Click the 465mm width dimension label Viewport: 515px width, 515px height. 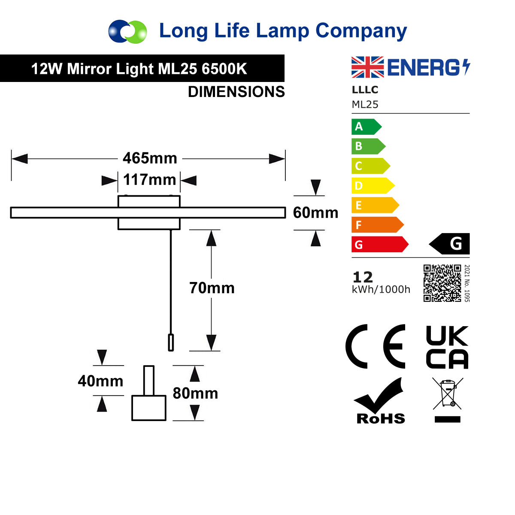coord(150,158)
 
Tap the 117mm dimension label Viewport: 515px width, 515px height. coord(150,179)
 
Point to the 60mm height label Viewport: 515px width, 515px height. coord(315,213)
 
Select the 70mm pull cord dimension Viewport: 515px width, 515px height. coord(212,288)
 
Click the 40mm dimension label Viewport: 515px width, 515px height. coord(100,381)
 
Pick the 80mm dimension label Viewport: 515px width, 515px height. coord(195,394)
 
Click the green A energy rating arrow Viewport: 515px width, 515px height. coord(367,127)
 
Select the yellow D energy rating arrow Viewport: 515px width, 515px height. coord(373,185)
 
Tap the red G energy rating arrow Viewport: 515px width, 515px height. coord(380,244)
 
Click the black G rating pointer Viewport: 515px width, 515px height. coord(449,244)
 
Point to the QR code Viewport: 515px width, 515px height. coord(442,283)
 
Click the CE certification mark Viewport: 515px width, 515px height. coord(375,347)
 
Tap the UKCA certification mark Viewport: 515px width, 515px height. coord(447,347)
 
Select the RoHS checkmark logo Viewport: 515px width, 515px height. coord(381,400)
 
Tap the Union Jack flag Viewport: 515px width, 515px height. coord(367,67)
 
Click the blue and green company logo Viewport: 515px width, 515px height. coord(127,31)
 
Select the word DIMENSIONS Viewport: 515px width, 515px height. coord(236,92)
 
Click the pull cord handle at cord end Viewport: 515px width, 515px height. coord(171,342)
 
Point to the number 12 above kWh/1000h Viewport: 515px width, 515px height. coord(363,277)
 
